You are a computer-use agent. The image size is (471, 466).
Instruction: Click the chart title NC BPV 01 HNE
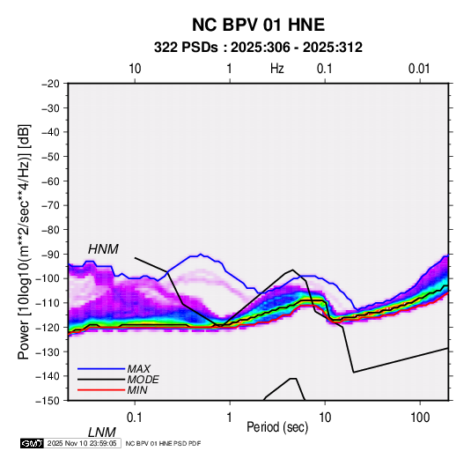click(258, 25)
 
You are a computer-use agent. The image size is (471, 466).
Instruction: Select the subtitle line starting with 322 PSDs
click(258, 48)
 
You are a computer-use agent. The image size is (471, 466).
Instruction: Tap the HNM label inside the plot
click(103, 249)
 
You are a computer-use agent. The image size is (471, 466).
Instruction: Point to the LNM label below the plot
click(102, 433)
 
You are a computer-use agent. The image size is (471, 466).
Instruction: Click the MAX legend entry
click(138, 368)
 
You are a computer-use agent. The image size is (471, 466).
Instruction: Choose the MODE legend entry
click(143, 380)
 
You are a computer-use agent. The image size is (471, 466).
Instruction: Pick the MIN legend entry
click(137, 390)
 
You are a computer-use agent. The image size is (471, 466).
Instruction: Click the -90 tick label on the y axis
click(50, 254)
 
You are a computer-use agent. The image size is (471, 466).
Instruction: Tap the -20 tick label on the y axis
click(50, 84)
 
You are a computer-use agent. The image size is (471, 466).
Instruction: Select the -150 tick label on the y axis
click(48, 401)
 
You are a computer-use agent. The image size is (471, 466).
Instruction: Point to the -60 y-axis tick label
click(50, 181)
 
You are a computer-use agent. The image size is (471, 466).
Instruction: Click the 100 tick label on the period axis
click(420, 418)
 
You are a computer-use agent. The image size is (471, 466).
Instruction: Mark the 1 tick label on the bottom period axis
click(230, 418)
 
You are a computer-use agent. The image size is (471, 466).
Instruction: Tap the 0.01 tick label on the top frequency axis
click(419, 69)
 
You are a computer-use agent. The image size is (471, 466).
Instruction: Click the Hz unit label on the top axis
click(277, 69)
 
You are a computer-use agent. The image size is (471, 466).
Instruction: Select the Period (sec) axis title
click(277, 427)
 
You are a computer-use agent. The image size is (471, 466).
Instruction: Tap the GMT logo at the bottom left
click(32, 443)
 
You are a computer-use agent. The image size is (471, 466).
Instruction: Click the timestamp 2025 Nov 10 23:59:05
click(82, 443)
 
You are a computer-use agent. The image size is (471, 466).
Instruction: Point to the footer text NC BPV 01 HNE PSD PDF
click(163, 444)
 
